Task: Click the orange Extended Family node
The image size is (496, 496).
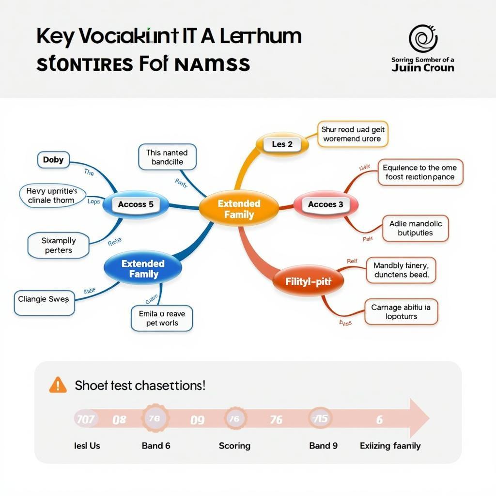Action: [239, 209]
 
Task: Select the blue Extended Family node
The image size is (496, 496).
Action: [143, 268]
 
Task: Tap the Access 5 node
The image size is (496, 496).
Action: [136, 204]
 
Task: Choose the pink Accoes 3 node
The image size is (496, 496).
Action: [325, 204]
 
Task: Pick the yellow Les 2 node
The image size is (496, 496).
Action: [282, 144]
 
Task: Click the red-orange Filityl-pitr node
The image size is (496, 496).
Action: [308, 280]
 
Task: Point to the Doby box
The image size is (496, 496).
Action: [53, 160]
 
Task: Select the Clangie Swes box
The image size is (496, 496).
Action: [44, 299]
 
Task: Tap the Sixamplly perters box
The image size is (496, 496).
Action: [59, 245]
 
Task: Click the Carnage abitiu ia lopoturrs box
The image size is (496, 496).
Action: [401, 311]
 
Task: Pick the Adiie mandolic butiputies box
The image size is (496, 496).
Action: [415, 228]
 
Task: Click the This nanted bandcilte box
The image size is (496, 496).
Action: [167, 157]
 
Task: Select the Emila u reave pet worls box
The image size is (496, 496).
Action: [162, 318]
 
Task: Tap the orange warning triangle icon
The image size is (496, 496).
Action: [58, 385]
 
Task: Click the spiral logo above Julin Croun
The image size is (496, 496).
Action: [423, 39]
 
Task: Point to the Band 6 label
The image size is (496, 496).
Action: [156, 445]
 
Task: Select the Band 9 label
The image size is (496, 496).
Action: [323, 445]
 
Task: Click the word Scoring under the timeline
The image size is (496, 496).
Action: [234, 445]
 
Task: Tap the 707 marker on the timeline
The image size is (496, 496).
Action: [86, 419]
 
